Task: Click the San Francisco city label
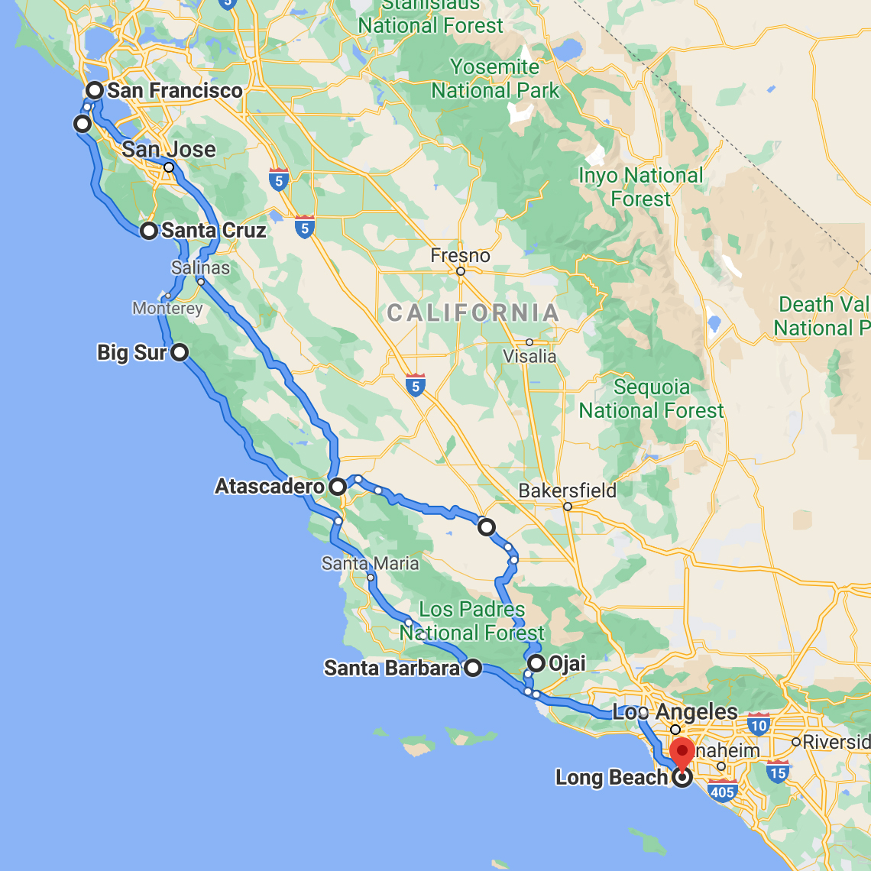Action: [x=174, y=90]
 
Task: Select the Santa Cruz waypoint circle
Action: [x=149, y=231]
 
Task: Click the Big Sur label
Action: [x=131, y=352]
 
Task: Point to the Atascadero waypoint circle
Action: [x=338, y=486]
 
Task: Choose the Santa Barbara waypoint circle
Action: [x=474, y=669]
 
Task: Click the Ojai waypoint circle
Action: [x=536, y=663]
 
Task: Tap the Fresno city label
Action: [x=460, y=255]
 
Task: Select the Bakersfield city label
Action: [x=567, y=491]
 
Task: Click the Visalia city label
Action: [x=529, y=356]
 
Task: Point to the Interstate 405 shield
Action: [x=722, y=792]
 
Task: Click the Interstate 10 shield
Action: [x=759, y=724]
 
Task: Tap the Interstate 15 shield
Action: [x=778, y=772]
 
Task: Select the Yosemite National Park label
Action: [x=495, y=79]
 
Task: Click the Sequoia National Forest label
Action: [x=651, y=399]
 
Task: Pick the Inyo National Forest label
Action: [x=640, y=187]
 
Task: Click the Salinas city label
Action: [x=200, y=267]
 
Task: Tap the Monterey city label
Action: [x=167, y=309]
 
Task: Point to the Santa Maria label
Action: [x=370, y=564]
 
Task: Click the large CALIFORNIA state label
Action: [x=473, y=312]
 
